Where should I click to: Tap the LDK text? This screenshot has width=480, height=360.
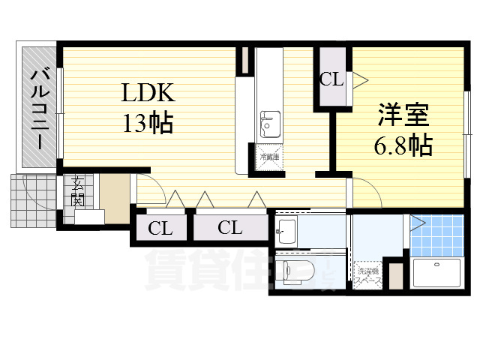(148, 94)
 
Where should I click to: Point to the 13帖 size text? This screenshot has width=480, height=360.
(148, 121)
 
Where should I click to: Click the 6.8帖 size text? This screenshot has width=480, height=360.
(403, 145)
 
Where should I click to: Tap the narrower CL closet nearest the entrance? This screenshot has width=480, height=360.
(160, 228)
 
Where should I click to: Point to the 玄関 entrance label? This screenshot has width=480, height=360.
(76, 192)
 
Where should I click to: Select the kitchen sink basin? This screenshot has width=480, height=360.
(270, 123)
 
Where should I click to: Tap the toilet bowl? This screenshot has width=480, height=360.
(294, 270)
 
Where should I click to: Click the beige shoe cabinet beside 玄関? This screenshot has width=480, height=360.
(115, 197)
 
